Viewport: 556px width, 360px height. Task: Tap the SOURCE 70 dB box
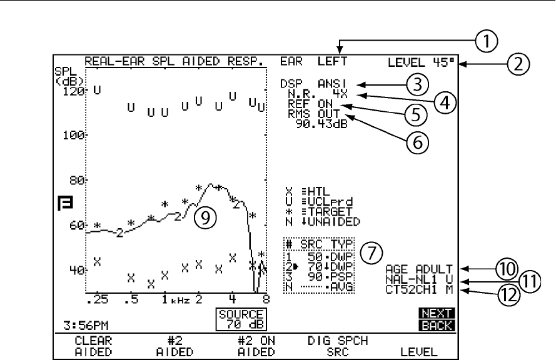(241, 318)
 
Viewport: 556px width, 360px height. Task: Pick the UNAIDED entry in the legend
(327, 221)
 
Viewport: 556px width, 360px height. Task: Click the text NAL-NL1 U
(419, 278)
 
